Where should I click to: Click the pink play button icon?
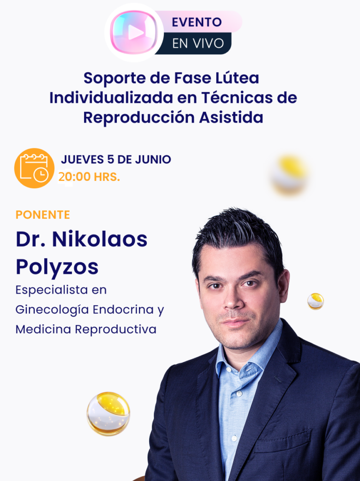[134, 32]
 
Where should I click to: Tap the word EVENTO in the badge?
[197, 22]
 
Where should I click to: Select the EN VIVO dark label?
[198, 44]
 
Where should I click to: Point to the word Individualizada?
[111, 98]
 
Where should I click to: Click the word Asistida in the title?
[231, 117]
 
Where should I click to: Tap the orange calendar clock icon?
[34, 168]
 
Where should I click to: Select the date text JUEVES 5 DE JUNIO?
[116, 160]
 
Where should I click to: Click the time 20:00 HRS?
[89, 177]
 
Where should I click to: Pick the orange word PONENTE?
[43, 215]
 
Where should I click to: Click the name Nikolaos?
[100, 239]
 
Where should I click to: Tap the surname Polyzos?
[57, 267]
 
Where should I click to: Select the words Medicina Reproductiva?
[86, 329]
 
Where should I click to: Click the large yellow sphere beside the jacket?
[108, 413]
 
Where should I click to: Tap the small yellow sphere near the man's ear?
[315, 301]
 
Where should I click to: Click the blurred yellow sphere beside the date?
[289, 175]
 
